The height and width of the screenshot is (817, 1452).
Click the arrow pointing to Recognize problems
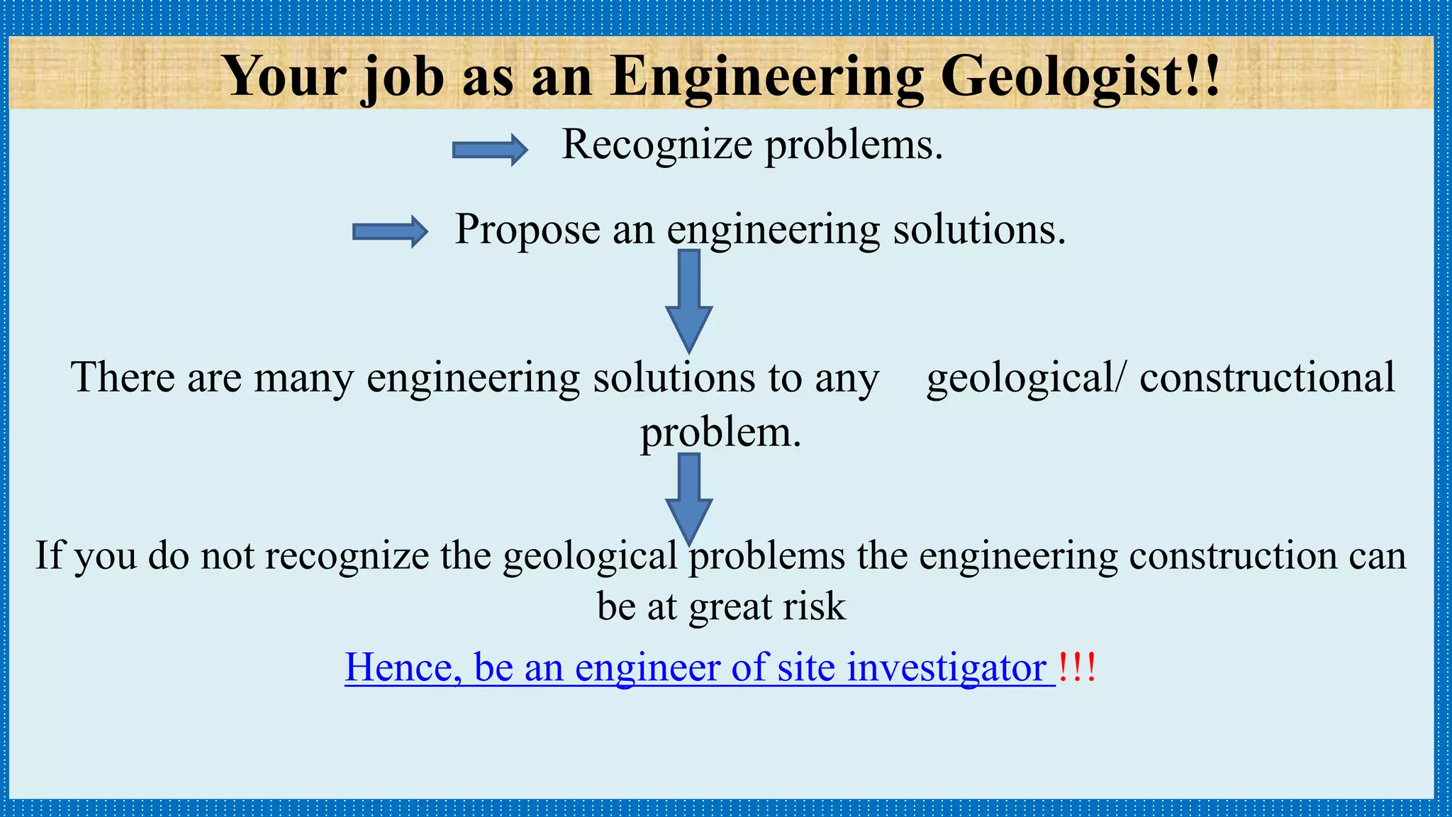(490, 150)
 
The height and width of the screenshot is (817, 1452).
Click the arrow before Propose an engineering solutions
(390, 232)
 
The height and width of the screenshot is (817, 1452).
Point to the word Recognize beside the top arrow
(657, 145)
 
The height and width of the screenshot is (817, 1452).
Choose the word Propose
(527, 230)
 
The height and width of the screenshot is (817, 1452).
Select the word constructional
(1267, 377)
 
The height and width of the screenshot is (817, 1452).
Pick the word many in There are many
(303, 377)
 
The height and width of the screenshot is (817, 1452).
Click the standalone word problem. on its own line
(720, 433)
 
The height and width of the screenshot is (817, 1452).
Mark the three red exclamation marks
(1077, 667)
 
